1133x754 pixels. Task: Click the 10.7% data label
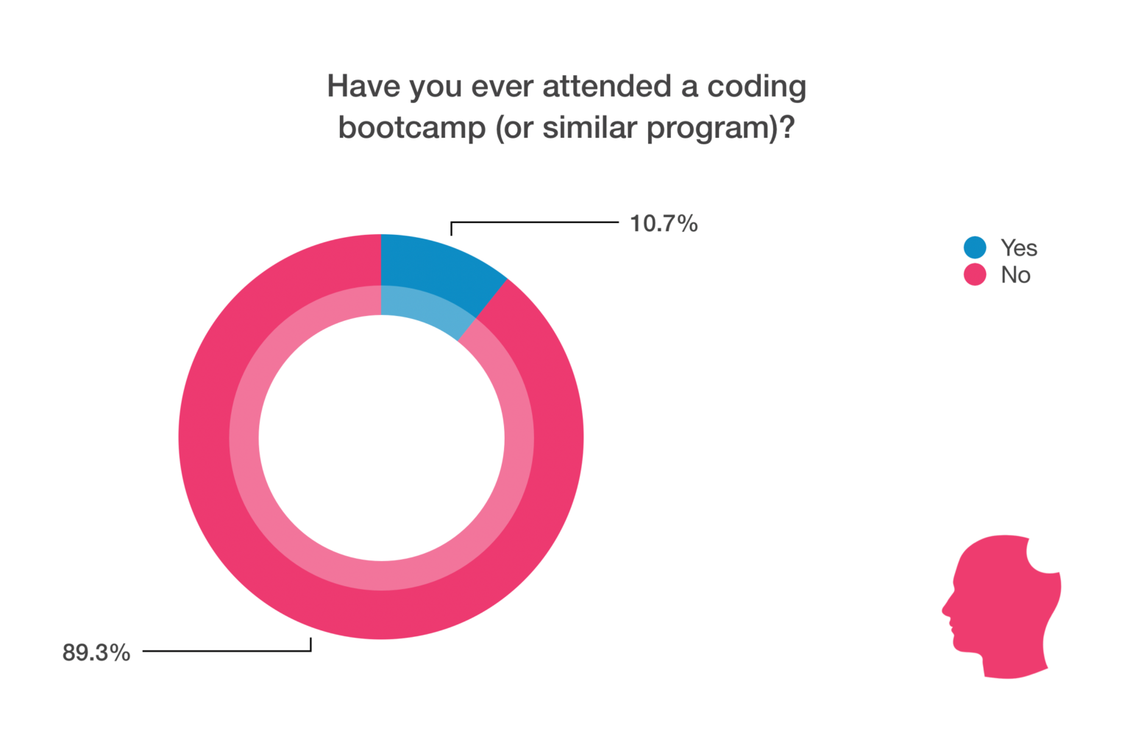[664, 224]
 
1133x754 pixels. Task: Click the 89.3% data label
[96, 652]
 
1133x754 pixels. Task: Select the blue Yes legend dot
[975, 247]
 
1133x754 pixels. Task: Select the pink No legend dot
[975, 275]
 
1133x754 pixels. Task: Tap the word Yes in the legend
[1019, 247]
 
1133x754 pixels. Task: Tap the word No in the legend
[1015, 275]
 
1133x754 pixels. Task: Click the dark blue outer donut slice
[440, 264]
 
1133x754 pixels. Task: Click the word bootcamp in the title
[412, 127]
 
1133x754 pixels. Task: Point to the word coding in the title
[756, 87]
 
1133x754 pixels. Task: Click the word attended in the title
[607, 86]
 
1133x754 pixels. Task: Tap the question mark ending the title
[787, 127]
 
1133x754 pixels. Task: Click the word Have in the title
[363, 86]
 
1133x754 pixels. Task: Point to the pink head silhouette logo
[1001, 606]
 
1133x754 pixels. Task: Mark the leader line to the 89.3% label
[227, 651]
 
